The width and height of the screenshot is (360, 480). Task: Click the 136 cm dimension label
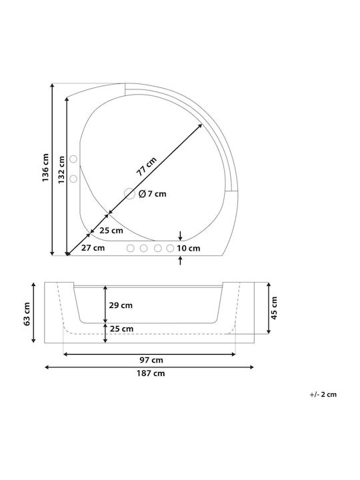click(45, 167)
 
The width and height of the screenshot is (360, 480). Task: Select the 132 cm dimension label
click(61, 170)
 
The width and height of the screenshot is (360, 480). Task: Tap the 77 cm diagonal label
click(146, 166)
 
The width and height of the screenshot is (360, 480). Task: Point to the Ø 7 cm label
click(153, 194)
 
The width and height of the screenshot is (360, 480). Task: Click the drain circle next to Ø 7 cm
click(129, 194)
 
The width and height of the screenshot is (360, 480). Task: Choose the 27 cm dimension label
click(93, 247)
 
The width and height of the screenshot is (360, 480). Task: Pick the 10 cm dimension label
click(188, 248)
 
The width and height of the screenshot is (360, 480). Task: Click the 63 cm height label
click(27, 314)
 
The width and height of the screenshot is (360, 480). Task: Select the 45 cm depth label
click(274, 308)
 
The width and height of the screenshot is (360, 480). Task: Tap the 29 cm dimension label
click(121, 305)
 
